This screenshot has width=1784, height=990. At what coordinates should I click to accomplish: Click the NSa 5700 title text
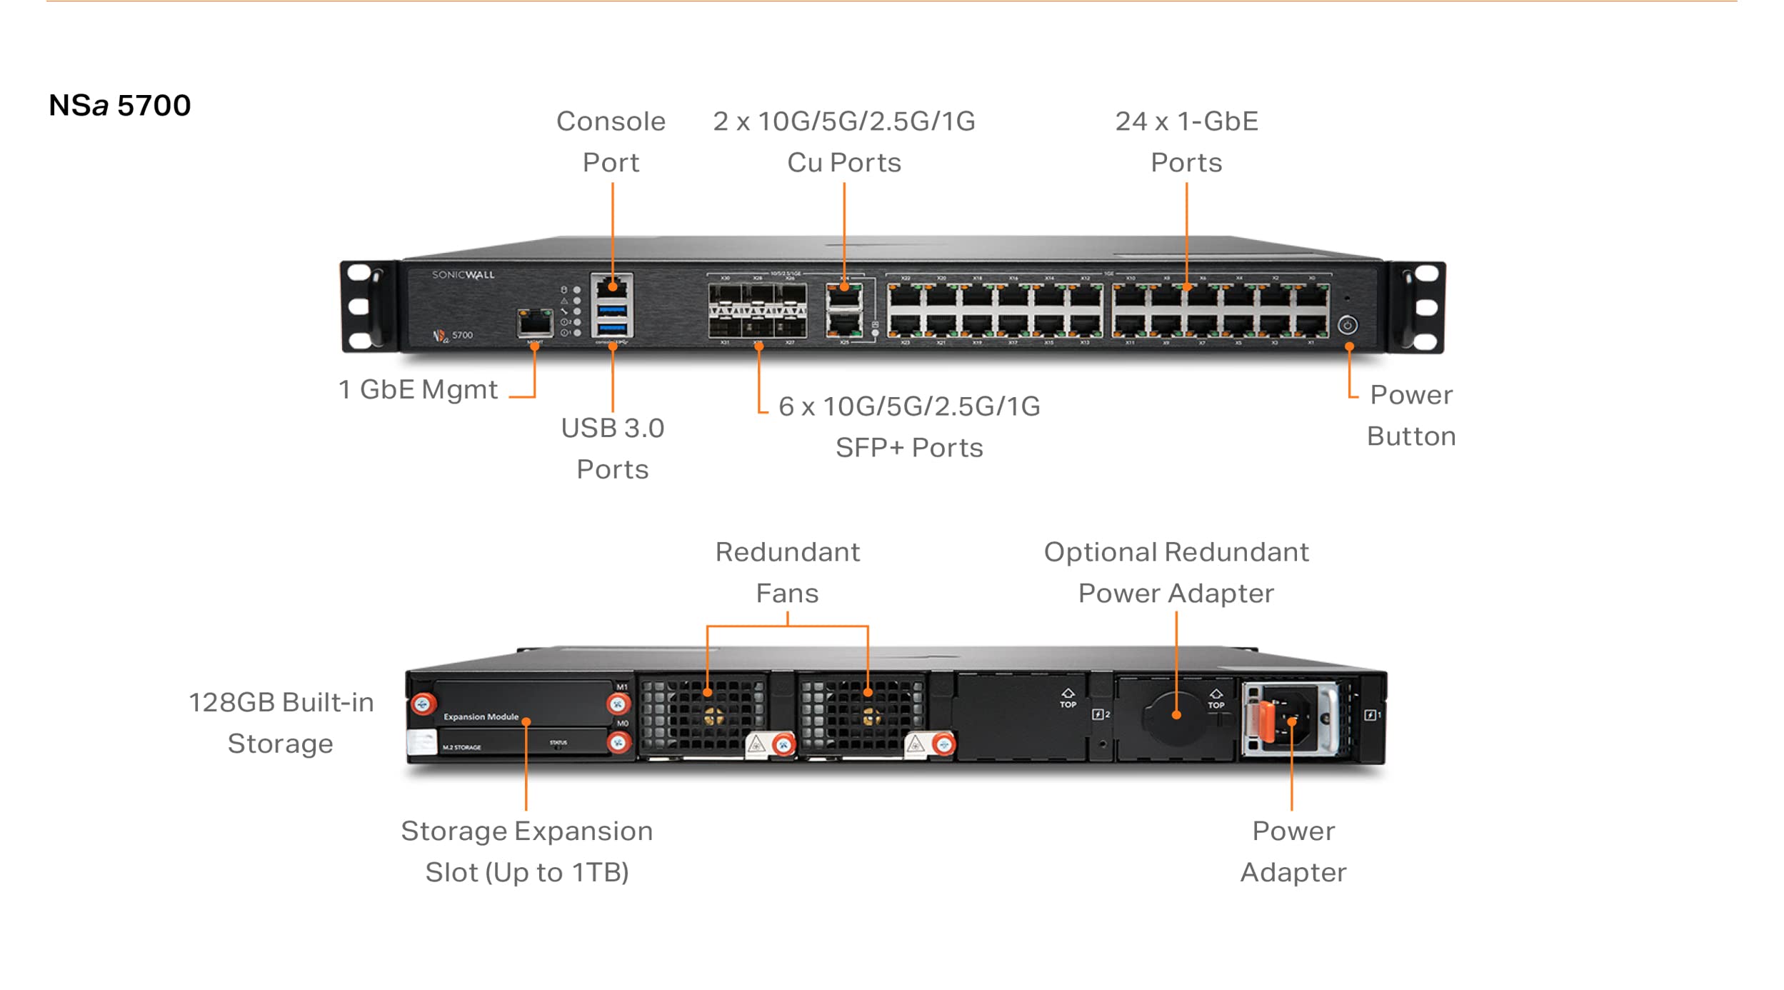pyautogui.click(x=119, y=106)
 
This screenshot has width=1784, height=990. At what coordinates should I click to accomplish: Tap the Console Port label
pyautogui.click(x=611, y=141)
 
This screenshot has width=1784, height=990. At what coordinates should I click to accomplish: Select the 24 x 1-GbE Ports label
pyautogui.click(x=1186, y=141)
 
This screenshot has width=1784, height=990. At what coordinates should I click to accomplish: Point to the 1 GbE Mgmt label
pyautogui.click(x=418, y=390)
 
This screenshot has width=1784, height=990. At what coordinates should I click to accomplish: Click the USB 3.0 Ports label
pyautogui.click(x=613, y=448)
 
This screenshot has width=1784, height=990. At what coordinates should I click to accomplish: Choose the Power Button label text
pyautogui.click(x=1410, y=415)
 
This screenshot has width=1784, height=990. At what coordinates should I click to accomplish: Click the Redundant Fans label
pyautogui.click(x=787, y=572)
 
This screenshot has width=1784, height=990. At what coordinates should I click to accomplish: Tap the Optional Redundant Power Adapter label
pyautogui.click(x=1176, y=572)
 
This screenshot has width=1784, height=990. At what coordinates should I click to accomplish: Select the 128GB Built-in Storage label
pyautogui.click(x=281, y=722)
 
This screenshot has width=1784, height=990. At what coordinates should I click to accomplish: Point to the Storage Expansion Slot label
pyautogui.click(x=526, y=851)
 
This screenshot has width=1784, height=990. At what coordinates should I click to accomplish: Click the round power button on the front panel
pyautogui.click(x=1347, y=325)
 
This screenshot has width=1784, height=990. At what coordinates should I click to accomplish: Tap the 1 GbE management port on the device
pyautogui.click(x=535, y=324)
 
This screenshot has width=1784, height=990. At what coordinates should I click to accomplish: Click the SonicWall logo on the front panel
pyautogui.click(x=463, y=275)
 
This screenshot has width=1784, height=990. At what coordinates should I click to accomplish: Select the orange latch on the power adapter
pyautogui.click(x=1266, y=721)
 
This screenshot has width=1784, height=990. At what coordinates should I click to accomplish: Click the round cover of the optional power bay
pyautogui.click(x=1176, y=715)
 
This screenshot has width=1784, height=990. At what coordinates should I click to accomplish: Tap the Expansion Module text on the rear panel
pyautogui.click(x=481, y=716)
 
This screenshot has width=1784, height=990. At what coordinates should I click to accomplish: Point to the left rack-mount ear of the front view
pyautogui.click(x=367, y=307)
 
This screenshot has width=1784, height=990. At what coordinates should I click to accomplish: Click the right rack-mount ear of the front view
pyautogui.click(x=1418, y=307)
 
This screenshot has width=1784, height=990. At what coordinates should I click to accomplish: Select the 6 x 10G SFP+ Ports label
pyautogui.click(x=908, y=426)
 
